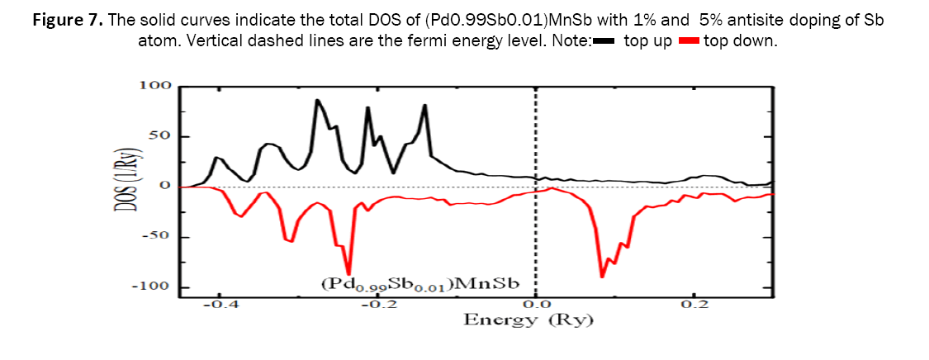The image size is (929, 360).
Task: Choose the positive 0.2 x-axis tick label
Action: tap(694, 304)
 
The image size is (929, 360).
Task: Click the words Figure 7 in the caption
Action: tap(68, 20)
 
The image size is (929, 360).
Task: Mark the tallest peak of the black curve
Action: tap(317, 100)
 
